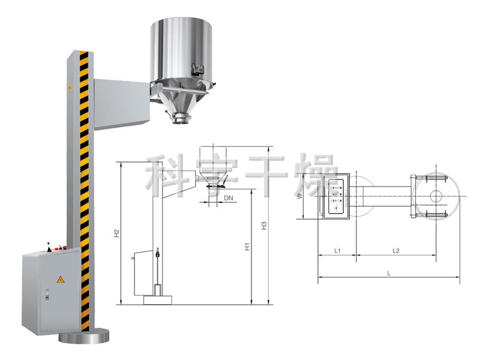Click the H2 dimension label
tap(116, 233)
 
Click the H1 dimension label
tap(247, 247)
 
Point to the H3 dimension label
tap(264, 226)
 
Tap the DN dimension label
tap(229, 198)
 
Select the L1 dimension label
tap(337, 251)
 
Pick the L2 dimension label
tap(396, 251)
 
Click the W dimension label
tap(300, 196)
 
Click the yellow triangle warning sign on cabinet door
tap(61, 279)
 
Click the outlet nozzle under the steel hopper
tap(181, 118)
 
